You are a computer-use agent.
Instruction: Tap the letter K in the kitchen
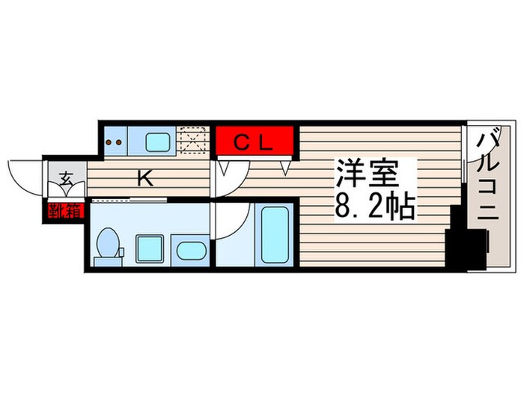tap(145, 178)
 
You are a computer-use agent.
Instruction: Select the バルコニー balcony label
tap(490, 187)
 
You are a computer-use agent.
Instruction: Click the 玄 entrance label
tap(66, 178)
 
